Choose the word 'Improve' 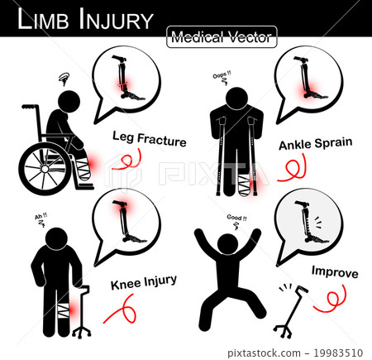[x=334, y=270]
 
